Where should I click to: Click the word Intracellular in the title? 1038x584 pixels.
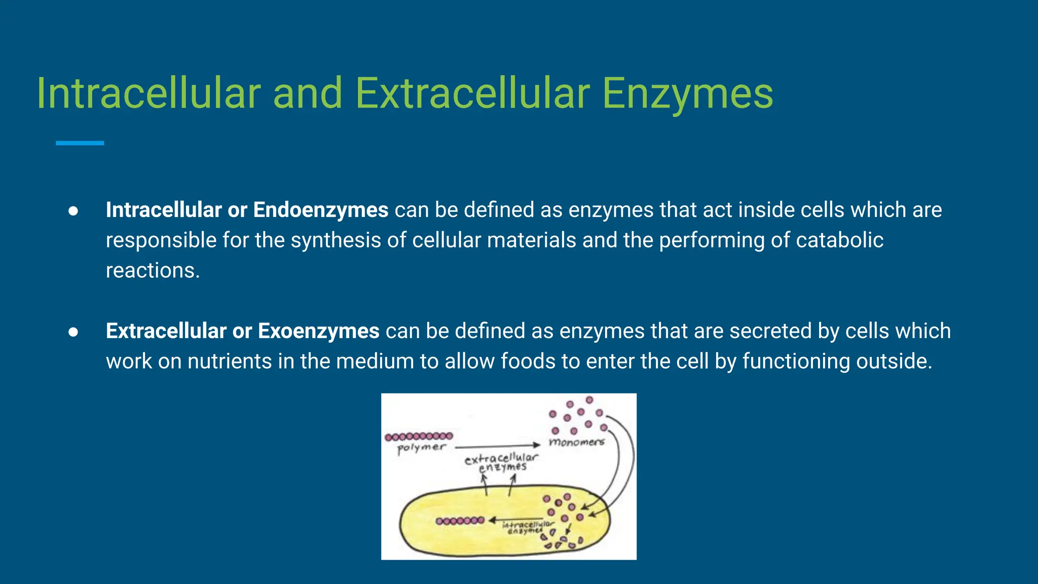click(149, 93)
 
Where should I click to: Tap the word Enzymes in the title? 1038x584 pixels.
click(688, 94)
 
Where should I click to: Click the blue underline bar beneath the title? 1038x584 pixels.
click(80, 143)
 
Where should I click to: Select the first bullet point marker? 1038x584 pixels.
click(73, 211)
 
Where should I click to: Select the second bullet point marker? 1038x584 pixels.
click(73, 332)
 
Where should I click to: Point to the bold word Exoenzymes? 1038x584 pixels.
click(318, 331)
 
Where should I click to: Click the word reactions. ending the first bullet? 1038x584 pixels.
click(153, 270)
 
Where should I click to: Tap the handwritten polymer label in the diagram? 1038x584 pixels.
click(421, 448)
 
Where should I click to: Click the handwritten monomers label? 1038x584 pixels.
click(576, 442)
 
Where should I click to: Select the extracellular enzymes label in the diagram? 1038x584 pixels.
click(501, 462)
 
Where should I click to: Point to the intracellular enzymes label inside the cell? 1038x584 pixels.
click(527, 527)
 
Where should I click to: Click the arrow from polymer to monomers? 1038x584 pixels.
click(497, 446)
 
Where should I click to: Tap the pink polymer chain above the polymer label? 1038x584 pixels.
click(419, 436)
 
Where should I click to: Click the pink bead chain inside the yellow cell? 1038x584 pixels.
click(460, 521)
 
